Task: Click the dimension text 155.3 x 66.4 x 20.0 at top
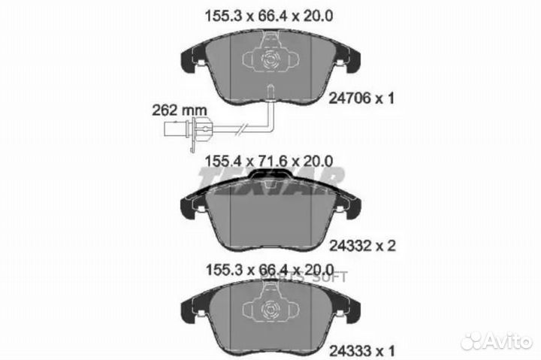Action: (x=270, y=14)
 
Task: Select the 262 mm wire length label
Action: (x=179, y=108)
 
